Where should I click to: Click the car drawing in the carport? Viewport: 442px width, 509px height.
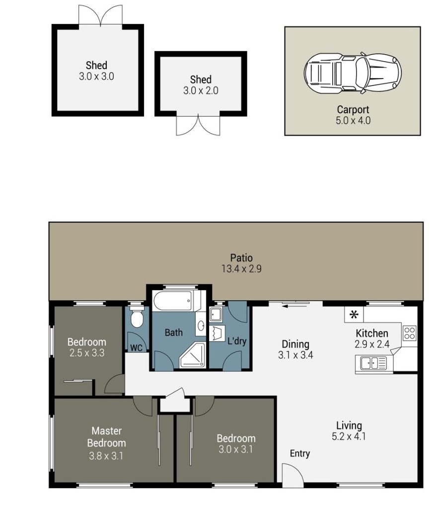coord(353,73)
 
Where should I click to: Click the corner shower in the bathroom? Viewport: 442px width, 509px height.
coord(193,355)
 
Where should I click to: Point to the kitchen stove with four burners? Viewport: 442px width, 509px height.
coord(410,333)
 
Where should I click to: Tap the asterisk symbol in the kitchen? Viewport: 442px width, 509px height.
coord(354,315)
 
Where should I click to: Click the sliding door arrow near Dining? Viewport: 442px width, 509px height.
coord(293,305)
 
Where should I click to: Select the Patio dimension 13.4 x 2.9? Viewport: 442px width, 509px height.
coord(241,269)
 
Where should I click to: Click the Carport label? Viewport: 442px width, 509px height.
coord(353,109)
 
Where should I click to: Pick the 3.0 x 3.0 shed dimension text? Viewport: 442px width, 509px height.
coord(96,76)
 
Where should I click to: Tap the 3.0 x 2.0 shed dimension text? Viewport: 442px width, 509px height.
coord(201,90)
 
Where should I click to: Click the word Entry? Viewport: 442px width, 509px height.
coord(299,453)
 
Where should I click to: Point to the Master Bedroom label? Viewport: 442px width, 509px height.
coord(106,437)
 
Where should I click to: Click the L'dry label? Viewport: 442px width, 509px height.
coord(237,341)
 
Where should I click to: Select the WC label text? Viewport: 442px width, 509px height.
coord(136,348)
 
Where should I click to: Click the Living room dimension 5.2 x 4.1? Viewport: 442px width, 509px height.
coord(349,436)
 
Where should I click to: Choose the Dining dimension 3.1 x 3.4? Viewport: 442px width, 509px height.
coord(295,355)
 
